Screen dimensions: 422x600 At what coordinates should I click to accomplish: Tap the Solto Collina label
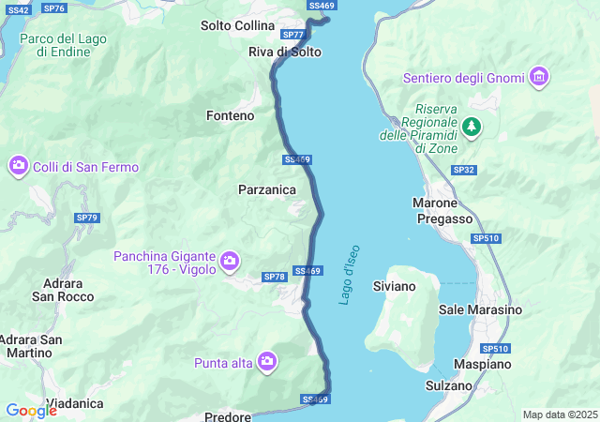pyautogui.click(x=238, y=25)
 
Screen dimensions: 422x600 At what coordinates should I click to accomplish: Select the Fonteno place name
pyautogui.click(x=230, y=115)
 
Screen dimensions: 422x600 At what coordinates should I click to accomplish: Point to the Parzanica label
pyautogui.click(x=267, y=189)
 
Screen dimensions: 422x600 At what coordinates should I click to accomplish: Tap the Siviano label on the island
pyautogui.click(x=394, y=285)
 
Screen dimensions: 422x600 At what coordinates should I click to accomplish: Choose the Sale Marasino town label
pyautogui.click(x=480, y=309)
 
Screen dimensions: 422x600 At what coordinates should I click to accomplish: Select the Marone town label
pyautogui.click(x=435, y=203)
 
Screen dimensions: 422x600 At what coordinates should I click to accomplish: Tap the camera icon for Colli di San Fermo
pyautogui.click(x=18, y=167)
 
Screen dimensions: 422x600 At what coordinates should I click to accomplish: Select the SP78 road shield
pyautogui.click(x=274, y=277)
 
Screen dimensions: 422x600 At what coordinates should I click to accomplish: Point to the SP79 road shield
pyautogui.click(x=87, y=218)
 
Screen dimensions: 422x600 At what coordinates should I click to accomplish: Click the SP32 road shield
pyautogui.click(x=463, y=170)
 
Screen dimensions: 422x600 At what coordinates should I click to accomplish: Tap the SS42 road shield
pyautogui.click(x=17, y=9)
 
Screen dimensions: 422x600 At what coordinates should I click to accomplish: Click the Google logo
pyautogui.click(x=31, y=410)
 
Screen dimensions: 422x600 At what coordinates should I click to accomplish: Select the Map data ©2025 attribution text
pyautogui.click(x=560, y=414)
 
